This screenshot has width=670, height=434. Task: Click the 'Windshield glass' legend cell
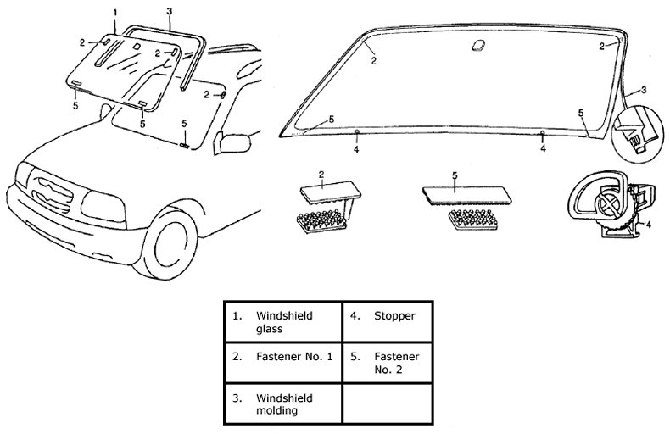(282, 321)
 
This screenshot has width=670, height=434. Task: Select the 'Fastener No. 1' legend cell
(282, 359)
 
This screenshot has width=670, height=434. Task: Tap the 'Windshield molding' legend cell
(282, 403)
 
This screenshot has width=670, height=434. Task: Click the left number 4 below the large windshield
(356, 149)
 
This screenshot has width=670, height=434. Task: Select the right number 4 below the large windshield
(543, 149)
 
